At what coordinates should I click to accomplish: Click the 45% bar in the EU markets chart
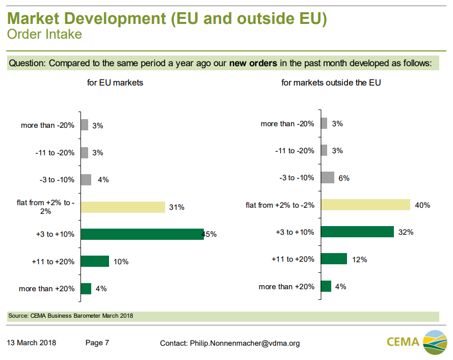click(x=142, y=234)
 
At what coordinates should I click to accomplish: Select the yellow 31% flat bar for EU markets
click(x=123, y=207)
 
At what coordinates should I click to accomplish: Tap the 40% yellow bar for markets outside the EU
click(x=365, y=205)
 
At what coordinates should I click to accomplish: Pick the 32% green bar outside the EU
click(x=357, y=232)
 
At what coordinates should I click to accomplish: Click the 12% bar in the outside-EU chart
click(x=334, y=259)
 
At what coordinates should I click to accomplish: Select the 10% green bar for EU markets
click(x=95, y=261)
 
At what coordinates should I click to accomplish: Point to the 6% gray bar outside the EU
click(x=328, y=178)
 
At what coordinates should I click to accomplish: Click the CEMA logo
click(x=417, y=342)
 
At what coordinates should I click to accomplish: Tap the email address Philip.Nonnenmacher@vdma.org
click(x=245, y=343)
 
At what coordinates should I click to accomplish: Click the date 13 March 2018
click(x=32, y=343)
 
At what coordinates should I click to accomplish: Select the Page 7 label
click(x=97, y=343)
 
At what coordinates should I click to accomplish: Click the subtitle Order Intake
click(x=44, y=35)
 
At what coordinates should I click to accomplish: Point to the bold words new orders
click(x=253, y=64)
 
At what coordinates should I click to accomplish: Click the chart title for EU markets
click(x=115, y=82)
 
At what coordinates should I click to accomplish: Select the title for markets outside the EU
click(x=331, y=82)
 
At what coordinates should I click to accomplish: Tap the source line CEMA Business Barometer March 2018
click(x=71, y=316)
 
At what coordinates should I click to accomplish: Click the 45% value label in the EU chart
click(x=209, y=235)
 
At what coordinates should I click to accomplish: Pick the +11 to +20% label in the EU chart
click(x=53, y=262)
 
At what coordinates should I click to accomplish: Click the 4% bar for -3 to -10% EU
click(x=86, y=180)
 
